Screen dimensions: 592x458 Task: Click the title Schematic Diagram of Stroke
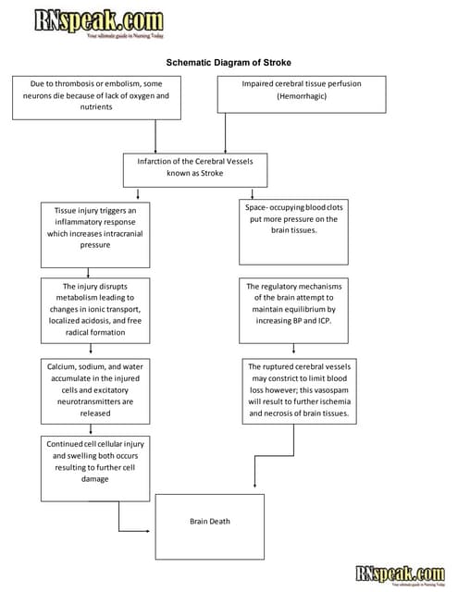(228, 63)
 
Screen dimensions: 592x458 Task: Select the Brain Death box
(209, 523)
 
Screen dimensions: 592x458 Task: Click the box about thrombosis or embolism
(96, 96)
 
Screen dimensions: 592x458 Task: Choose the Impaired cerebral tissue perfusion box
(301, 94)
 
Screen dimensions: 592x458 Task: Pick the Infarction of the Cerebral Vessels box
(194, 166)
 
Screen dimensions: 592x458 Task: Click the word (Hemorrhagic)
(301, 95)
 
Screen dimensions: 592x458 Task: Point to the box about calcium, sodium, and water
(94, 390)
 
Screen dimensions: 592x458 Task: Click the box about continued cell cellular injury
(94, 462)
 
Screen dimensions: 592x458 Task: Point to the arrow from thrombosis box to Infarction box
(156, 135)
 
